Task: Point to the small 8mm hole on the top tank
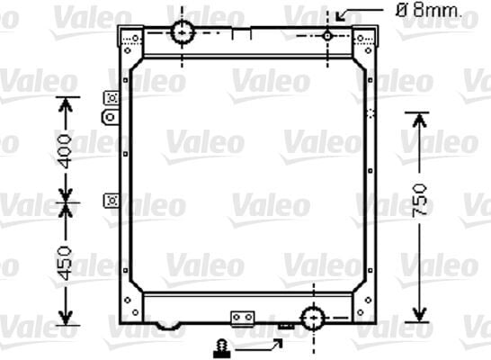click(327, 34)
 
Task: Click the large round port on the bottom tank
click(313, 319)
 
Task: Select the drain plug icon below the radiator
click(219, 346)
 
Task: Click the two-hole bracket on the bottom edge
click(243, 318)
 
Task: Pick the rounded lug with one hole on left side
click(111, 117)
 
